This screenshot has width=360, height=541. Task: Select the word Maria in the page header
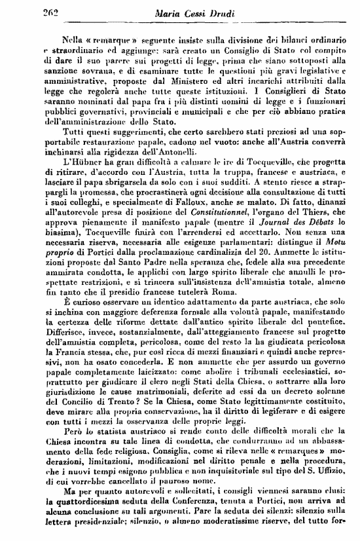click(170, 10)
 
